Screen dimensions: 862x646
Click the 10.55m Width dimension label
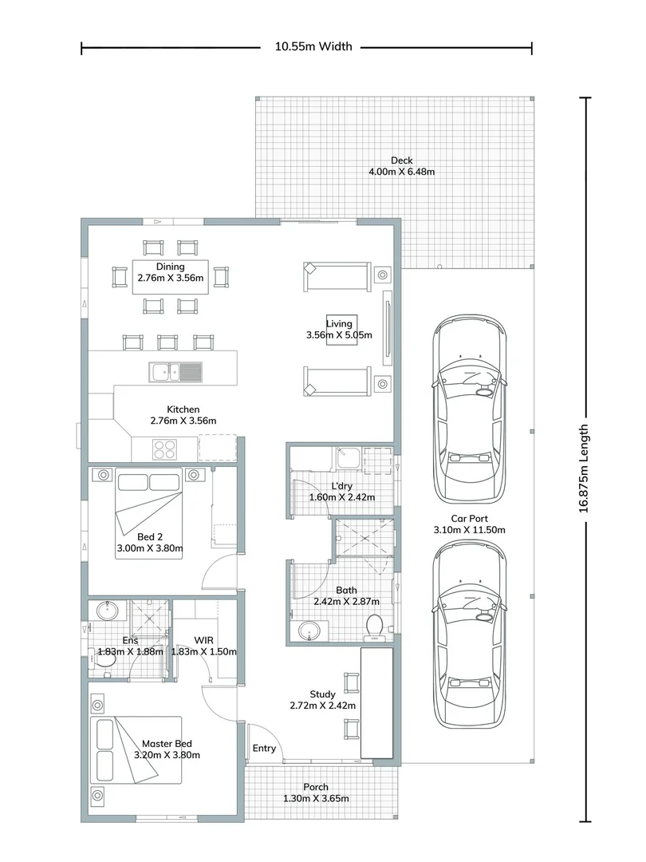(x=313, y=47)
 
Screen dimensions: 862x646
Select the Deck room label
(x=401, y=160)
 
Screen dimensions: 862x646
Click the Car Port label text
(x=469, y=518)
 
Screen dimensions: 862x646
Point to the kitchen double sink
(x=175, y=370)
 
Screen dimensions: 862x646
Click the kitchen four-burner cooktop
(x=164, y=449)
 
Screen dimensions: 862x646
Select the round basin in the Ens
(x=107, y=611)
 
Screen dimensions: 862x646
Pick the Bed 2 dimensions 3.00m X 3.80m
(x=150, y=548)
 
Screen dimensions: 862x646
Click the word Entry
(x=264, y=748)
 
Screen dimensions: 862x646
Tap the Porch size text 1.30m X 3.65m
(x=316, y=798)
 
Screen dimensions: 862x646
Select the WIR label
(x=204, y=640)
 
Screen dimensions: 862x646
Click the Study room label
(x=322, y=694)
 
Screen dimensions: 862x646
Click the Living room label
(x=339, y=323)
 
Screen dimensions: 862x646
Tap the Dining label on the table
(x=170, y=267)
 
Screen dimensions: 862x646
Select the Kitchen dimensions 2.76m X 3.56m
(x=183, y=420)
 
